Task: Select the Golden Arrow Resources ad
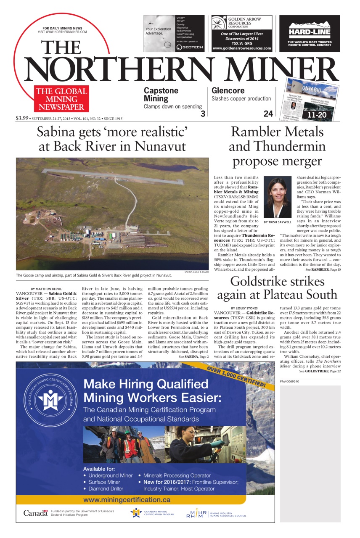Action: tap(242, 33)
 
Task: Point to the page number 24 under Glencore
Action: tap(268, 114)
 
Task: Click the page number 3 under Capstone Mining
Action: tap(203, 114)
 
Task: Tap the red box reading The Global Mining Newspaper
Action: tap(61, 98)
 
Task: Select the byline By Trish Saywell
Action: tap(277, 222)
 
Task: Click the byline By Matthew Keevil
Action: tap(47, 288)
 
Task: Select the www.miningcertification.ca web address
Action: tap(127, 500)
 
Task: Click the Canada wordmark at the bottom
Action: tap(35, 513)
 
